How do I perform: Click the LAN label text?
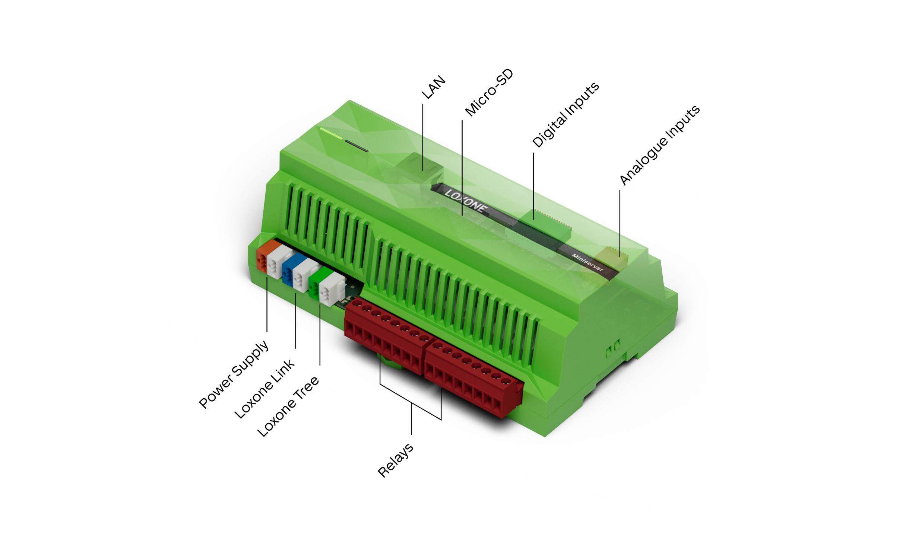click(434, 87)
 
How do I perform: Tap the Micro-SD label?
click(489, 92)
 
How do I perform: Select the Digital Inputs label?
click(566, 114)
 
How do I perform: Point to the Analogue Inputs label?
click(660, 145)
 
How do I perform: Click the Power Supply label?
click(234, 374)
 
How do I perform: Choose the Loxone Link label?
click(264, 389)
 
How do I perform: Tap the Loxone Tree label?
click(288, 406)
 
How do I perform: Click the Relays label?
click(395, 460)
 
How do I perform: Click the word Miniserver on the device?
click(587, 262)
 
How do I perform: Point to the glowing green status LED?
click(330, 133)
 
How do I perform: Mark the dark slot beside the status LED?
click(357, 146)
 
